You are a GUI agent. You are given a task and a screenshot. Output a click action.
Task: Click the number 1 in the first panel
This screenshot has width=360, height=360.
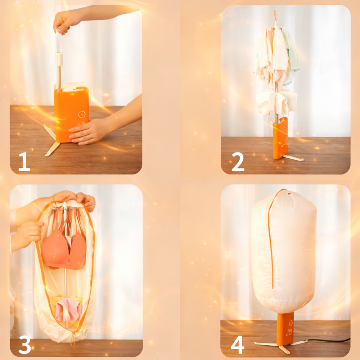[24, 162]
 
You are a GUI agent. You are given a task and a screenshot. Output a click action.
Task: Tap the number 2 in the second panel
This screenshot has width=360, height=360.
[238, 162]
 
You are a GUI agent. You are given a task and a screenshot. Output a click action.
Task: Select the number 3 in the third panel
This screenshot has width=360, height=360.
[24, 345]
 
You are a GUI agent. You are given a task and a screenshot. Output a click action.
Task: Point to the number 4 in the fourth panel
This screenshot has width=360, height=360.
[237, 345]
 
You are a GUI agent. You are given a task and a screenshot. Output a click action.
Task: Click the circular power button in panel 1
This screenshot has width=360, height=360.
[82, 114]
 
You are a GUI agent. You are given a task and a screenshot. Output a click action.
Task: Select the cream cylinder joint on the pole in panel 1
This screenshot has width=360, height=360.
[59, 59]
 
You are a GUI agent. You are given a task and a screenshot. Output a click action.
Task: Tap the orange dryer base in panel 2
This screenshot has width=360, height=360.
[280, 138]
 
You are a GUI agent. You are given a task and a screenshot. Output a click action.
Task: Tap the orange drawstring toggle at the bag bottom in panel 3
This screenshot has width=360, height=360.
[73, 339]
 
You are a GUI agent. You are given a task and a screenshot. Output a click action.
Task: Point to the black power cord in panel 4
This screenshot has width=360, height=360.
[328, 340]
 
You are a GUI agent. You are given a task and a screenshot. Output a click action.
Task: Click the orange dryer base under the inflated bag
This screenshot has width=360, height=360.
[285, 328]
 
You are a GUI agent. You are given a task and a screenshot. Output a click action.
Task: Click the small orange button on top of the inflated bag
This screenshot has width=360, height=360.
[289, 194]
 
